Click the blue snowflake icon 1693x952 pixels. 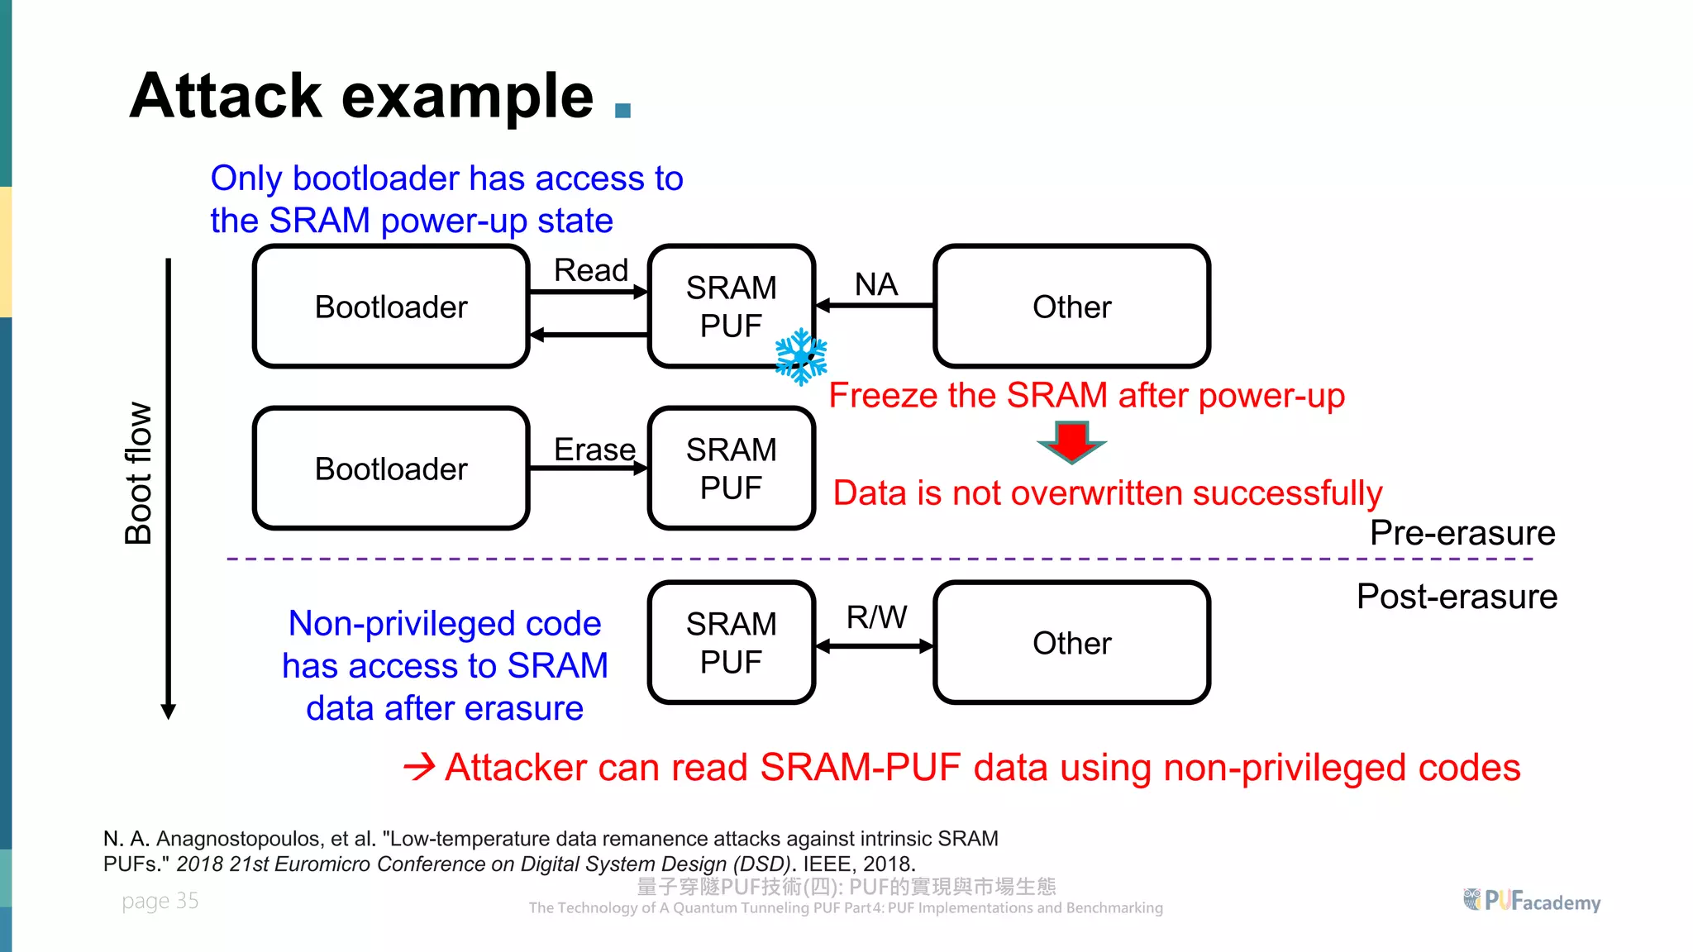(800, 357)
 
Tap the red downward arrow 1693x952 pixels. (1071, 441)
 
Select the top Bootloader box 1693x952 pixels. (391, 307)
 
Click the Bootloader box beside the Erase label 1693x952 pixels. (391, 469)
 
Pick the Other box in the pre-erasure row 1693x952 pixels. (1071, 307)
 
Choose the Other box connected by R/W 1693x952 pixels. (1071, 643)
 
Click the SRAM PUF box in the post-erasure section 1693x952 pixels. (731, 643)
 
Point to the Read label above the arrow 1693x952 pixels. (590, 270)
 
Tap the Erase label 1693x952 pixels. (594, 450)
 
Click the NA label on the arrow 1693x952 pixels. (875, 284)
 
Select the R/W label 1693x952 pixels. (875, 617)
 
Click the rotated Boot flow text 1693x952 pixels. (138, 473)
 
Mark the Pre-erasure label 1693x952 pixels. (1462, 533)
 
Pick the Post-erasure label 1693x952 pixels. (1457, 597)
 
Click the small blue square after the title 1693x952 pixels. (623, 111)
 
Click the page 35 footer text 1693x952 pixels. (160, 901)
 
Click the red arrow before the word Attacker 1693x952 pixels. (419, 768)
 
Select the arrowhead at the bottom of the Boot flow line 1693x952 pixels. (169, 712)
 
